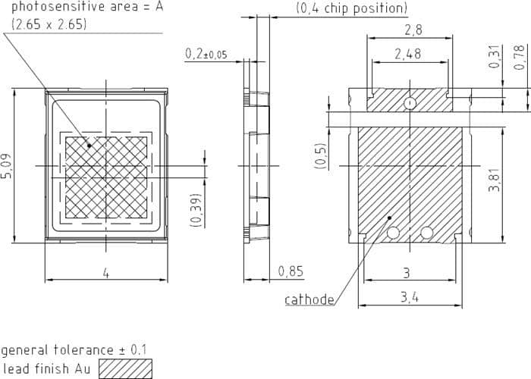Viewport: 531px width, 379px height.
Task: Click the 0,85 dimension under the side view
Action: tap(291, 271)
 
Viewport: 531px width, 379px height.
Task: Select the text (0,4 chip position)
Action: tap(350, 9)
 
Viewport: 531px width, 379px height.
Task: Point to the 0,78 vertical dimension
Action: tap(519, 57)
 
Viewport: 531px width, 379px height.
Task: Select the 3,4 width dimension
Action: tap(410, 298)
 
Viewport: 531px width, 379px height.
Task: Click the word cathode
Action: tap(309, 299)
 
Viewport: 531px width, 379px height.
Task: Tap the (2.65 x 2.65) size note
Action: tap(49, 23)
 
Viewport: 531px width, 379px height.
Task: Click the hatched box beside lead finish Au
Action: tap(125, 368)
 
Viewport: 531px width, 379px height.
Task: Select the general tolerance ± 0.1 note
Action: tap(74, 350)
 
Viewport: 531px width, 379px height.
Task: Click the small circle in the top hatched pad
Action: tap(410, 102)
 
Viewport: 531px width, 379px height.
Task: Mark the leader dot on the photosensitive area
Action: tap(90, 145)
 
